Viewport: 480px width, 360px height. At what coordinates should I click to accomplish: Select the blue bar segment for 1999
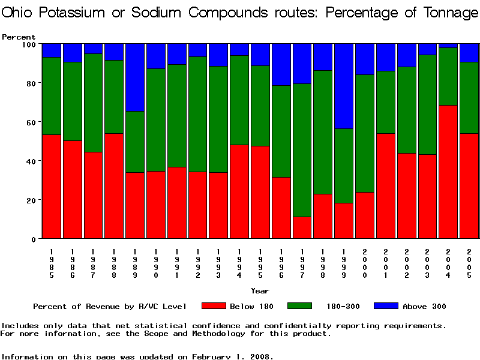344,86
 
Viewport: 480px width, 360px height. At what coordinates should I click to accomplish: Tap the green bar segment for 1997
302,150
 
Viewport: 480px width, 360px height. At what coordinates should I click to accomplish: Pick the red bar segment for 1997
302,227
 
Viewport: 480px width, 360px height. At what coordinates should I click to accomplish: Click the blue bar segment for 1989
136,77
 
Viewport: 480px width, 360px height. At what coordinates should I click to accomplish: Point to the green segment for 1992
198,114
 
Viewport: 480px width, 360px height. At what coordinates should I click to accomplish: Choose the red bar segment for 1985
52,187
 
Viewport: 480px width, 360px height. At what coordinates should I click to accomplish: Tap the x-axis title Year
260,290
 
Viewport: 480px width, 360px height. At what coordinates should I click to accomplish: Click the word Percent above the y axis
19,37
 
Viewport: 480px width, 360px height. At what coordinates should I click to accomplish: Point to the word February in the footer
214,356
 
